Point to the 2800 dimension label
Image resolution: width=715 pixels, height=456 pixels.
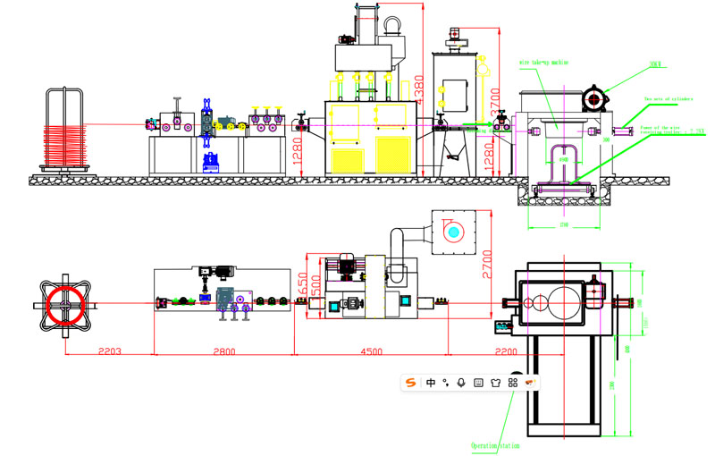[x=223, y=351]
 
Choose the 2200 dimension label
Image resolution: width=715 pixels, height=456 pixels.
[x=506, y=351]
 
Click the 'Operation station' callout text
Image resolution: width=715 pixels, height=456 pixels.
[x=495, y=445]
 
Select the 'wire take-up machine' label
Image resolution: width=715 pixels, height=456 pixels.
[x=543, y=63]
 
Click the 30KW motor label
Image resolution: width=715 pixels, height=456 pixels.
[x=657, y=64]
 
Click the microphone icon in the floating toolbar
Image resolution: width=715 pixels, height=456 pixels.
[x=461, y=383]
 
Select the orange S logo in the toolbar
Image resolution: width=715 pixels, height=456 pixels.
[x=411, y=383]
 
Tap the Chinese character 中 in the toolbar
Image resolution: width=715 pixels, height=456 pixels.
[x=431, y=383]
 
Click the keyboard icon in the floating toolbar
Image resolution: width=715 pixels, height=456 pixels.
[x=478, y=383]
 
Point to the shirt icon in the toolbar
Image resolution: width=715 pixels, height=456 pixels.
[x=495, y=383]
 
